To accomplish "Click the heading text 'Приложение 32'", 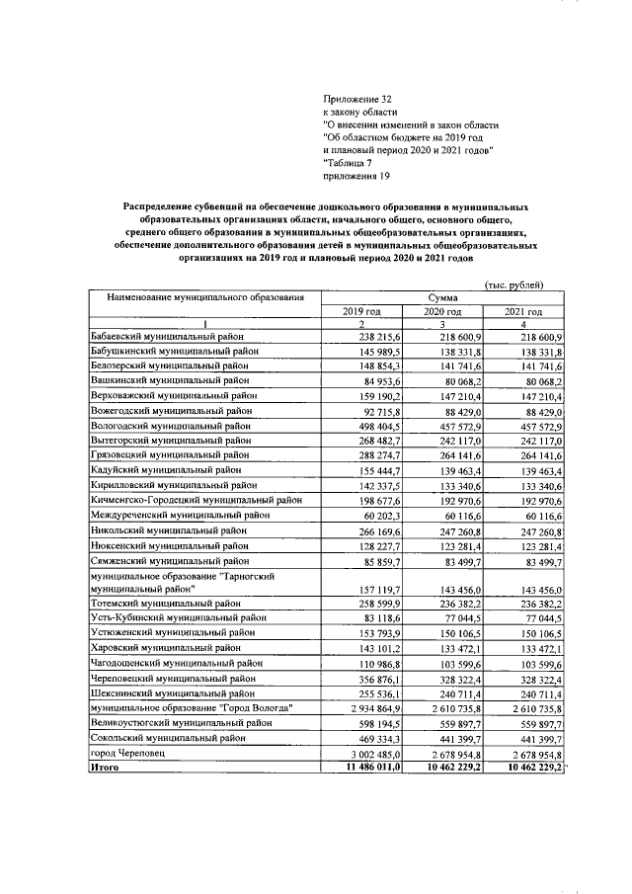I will [x=357, y=100].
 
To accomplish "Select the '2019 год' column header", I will [x=361, y=311].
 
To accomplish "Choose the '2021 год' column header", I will [x=524, y=311].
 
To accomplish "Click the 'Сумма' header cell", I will [x=443, y=296].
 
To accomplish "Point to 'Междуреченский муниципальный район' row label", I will [x=181, y=517].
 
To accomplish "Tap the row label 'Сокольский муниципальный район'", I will [x=169, y=738].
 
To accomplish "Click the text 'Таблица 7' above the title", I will [x=348, y=164].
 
